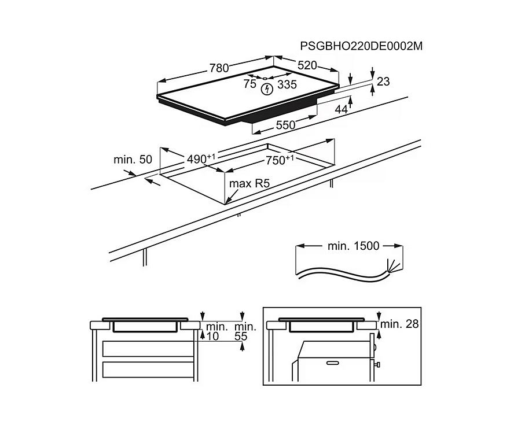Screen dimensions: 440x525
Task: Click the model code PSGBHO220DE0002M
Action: coord(361,46)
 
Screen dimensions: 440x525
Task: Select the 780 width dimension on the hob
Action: coord(219,68)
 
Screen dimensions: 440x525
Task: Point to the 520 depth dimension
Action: coord(307,65)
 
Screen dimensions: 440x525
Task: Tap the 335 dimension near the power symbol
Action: coord(287,84)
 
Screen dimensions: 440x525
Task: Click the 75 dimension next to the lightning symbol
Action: coord(249,84)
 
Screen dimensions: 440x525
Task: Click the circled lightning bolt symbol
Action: coord(267,88)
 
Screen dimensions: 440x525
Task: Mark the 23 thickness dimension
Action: coord(383,82)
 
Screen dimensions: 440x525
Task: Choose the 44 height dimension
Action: coord(342,109)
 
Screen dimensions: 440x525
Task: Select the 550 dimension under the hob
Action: coord(285,124)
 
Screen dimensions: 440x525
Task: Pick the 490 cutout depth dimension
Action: coord(196,158)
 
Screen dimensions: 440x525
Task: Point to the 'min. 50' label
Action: coord(133,158)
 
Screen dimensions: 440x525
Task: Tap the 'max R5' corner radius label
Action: coord(249,184)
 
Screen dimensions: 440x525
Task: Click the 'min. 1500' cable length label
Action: coord(354,246)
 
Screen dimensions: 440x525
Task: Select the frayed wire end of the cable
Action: coord(393,266)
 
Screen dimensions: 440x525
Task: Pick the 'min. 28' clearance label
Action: coord(400,324)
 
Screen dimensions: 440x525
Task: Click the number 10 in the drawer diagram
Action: coord(212,336)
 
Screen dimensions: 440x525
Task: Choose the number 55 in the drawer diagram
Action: coord(241,336)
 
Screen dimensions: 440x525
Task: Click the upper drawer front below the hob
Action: coord(147,348)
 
